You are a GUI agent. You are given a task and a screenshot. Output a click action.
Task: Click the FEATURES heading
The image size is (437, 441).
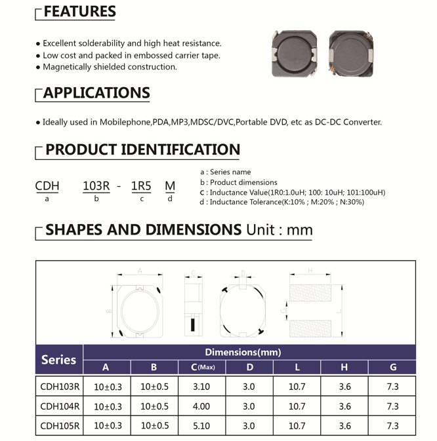pyautogui.click(x=79, y=12)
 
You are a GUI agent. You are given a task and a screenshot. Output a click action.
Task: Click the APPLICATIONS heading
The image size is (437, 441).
pyautogui.click(x=96, y=93)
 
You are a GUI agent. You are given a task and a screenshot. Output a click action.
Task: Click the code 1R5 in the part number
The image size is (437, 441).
pyautogui.click(x=141, y=185)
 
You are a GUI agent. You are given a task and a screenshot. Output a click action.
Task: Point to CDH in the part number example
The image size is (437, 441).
pyautogui.click(x=47, y=185)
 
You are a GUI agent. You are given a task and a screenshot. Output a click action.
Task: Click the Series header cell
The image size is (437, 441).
pyautogui.click(x=59, y=360)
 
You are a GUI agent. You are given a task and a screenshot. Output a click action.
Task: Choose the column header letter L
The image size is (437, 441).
pyautogui.click(x=297, y=368)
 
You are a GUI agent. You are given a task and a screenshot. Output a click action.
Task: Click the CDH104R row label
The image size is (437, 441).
pyautogui.click(x=60, y=406)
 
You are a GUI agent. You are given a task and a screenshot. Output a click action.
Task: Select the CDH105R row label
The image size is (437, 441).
pyautogui.click(x=60, y=425)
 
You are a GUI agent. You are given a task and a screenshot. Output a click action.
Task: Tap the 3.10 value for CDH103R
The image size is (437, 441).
pyautogui.click(x=202, y=387)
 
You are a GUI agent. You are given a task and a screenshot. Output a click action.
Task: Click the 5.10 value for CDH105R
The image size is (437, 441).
pyautogui.click(x=202, y=425)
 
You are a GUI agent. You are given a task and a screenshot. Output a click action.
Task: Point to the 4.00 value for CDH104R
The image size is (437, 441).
pyautogui.click(x=202, y=406)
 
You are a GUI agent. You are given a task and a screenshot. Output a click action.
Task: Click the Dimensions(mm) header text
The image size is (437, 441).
pyautogui.click(x=243, y=352)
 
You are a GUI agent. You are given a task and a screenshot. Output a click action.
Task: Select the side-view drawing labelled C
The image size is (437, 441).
pyautogui.click(x=194, y=308)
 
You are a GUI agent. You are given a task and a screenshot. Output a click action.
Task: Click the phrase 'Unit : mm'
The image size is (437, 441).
pyautogui.click(x=279, y=230)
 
